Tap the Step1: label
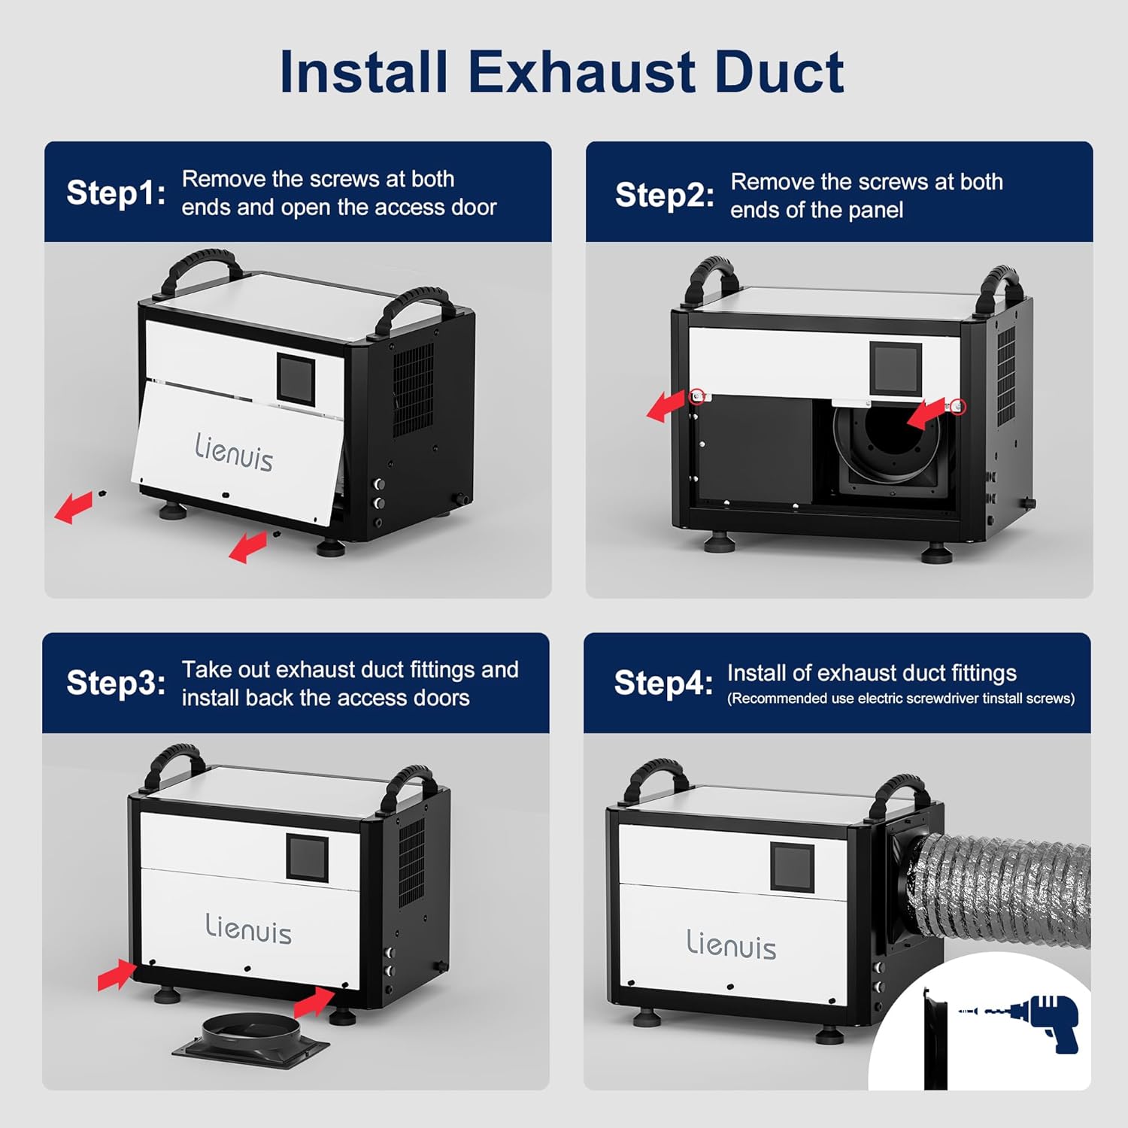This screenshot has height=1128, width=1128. click(x=116, y=193)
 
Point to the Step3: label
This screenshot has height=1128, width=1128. click(x=116, y=683)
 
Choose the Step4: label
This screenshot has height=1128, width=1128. click(x=663, y=683)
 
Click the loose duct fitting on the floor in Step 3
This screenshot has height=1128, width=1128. click(x=251, y=1039)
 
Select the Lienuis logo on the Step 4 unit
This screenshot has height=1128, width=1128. click(x=731, y=944)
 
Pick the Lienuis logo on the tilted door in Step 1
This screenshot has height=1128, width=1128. click(x=234, y=452)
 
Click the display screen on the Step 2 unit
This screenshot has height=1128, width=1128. click(x=896, y=367)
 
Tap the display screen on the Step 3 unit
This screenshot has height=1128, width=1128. click(x=307, y=857)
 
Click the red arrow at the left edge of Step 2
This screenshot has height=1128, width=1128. click(x=666, y=406)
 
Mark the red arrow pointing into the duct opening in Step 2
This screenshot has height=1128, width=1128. click(x=925, y=414)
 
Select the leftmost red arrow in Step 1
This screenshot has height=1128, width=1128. click(x=74, y=508)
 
